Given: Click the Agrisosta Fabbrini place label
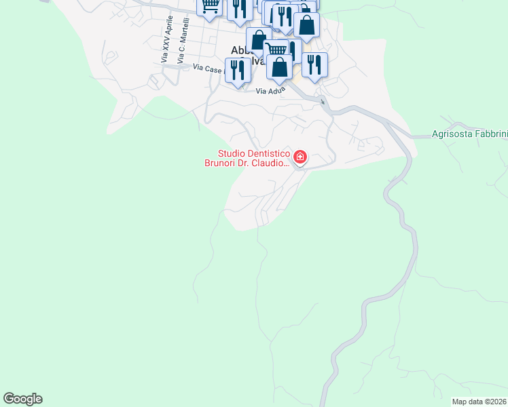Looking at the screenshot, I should point(469,134).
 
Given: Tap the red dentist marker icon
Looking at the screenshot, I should point(300,158).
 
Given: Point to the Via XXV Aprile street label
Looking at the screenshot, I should point(164,41).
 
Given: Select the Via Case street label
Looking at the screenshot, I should point(207,68).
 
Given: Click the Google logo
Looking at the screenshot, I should point(22,398).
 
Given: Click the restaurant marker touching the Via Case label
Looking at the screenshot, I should point(238,71).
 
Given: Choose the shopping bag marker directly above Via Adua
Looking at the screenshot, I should point(280,68).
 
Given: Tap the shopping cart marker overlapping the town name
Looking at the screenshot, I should point(274,50).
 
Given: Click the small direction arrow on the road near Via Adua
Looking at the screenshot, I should point(324,103).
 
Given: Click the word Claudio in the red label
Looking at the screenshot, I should point(269,163).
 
